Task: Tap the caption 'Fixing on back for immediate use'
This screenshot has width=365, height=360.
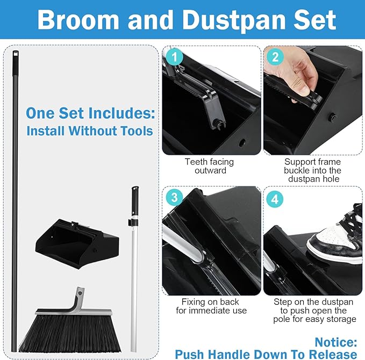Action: pyautogui.click(x=207, y=306)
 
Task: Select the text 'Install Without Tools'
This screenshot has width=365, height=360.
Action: pyautogui.click(x=90, y=131)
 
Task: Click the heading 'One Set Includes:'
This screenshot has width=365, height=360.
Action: pyautogui.click(x=90, y=113)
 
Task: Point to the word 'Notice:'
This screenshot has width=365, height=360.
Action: pyautogui.click(x=336, y=342)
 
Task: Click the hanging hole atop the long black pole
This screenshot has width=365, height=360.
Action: pyautogui.click(x=16, y=54)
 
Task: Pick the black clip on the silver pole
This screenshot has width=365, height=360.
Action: pyautogui.click(x=131, y=221)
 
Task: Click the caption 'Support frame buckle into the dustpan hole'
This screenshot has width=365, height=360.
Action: pyautogui.click(x=313, y=170)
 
